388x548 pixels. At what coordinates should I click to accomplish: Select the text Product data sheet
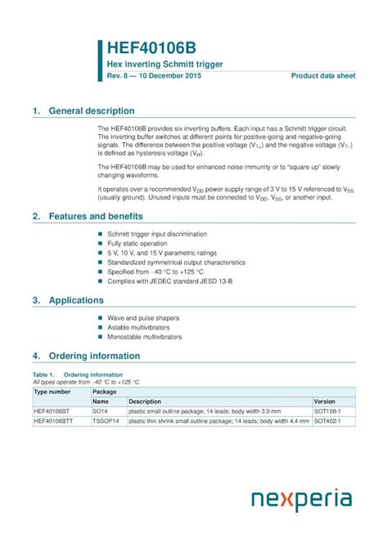pos(323,76)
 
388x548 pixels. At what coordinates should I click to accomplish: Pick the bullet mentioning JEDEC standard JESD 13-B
pos(168,281)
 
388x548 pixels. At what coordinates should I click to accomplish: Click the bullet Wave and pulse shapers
pos(143,317)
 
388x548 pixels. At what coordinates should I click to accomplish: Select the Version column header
pos(325,402)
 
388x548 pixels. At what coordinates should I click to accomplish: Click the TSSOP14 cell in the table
pos(106,420)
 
